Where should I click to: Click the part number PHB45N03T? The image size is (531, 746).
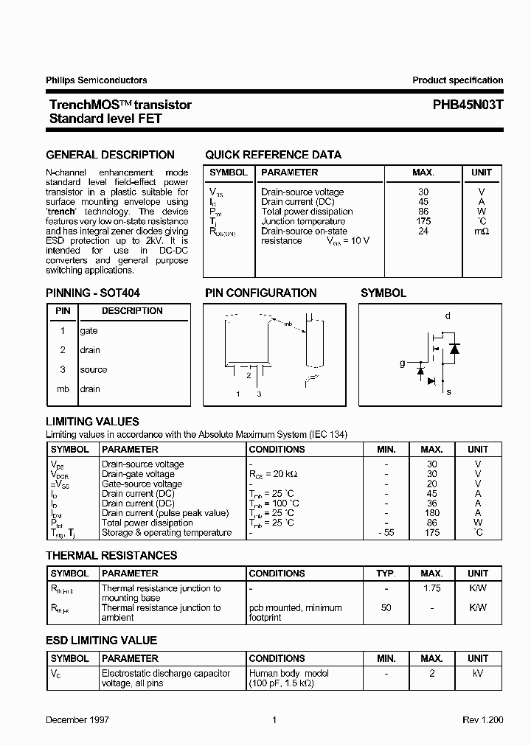(x=468, y=105)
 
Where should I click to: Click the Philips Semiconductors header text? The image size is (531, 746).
(x=97, y=80)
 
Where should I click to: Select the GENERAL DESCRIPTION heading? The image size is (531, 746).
(x=111, y=155)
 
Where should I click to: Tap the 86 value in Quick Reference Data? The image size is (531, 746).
(x=423, y=212)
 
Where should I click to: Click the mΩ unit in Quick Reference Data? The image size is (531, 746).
(x=481, y=231)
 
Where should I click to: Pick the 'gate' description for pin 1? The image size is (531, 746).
(x=89, y=331)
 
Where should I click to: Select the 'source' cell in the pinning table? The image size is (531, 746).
(x=94, y=370)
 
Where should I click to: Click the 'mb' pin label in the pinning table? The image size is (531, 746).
(x=63, y=389)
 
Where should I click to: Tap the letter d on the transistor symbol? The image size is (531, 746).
(x=447, y=316)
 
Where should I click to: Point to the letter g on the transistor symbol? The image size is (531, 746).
(x=402, y=363)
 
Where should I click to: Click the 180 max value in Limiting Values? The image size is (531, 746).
(x=432, y=513)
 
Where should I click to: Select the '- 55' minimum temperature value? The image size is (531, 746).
(x=386, y=533)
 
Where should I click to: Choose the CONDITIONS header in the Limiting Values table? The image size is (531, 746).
(x=277, y=449)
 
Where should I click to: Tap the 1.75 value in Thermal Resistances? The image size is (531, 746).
(x=432, y=588)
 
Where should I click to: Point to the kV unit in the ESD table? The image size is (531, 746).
(x=478, y=673)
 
